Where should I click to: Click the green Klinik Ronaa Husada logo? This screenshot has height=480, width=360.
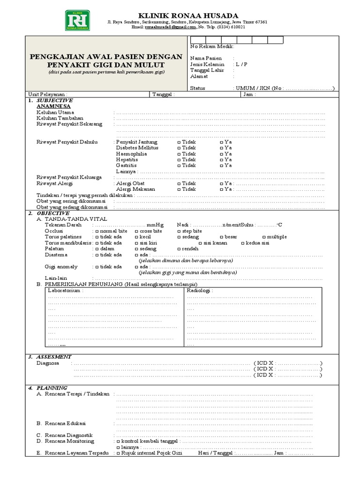point(78,21)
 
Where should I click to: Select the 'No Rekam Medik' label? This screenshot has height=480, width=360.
point(212,46)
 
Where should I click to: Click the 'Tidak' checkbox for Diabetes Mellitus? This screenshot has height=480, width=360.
point(179,148)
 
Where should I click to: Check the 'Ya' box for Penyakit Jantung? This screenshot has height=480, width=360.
point(222,142)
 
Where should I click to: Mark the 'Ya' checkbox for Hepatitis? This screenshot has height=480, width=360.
point(222,159)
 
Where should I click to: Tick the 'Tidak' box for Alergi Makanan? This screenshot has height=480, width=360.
point(179,189)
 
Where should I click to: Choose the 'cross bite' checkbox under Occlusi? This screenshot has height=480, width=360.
point(136,231)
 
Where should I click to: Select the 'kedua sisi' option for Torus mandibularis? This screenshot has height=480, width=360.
point(242,243)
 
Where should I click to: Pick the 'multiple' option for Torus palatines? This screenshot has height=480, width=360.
point(264,237)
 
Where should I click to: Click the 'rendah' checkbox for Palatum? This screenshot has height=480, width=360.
point(179,249)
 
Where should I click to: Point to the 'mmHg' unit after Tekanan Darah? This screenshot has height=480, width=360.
point(155,225)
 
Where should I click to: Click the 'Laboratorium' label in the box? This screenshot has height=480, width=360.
point(66,291)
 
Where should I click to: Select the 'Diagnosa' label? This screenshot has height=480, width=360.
point(47,363)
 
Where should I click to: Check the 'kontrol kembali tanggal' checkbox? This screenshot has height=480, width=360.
point(118,441)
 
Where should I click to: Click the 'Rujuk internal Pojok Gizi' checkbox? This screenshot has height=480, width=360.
point(118,453)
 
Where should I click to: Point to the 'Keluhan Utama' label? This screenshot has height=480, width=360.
point(54,113)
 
